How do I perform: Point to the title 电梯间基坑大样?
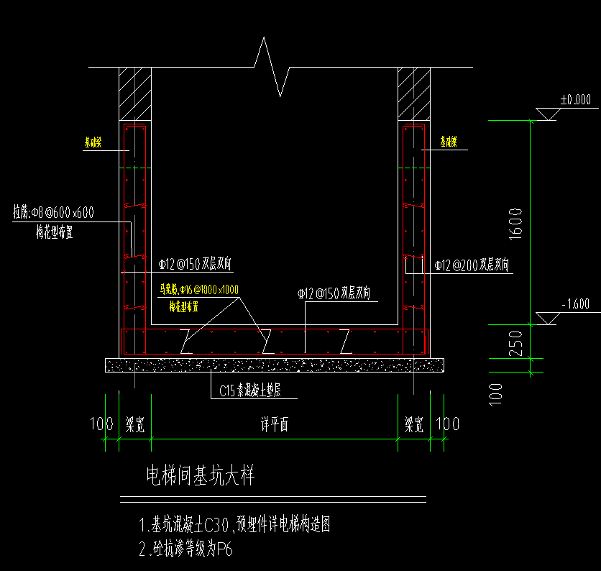tap(200, 475)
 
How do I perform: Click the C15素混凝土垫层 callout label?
tap(253, 392)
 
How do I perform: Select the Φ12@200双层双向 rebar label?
tap(472, 265)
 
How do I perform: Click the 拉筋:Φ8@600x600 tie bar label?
tap(54, 213)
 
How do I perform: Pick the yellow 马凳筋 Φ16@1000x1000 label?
tap(199, 290)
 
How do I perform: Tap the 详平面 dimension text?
tap(274, 425)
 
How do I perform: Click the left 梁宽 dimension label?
tap(134, 425)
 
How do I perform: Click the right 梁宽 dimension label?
tap(413, 425)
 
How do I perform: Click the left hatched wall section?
tap(134, 93)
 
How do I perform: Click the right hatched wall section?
tap(413, 93)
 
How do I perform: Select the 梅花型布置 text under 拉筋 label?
tap(58, 232)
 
